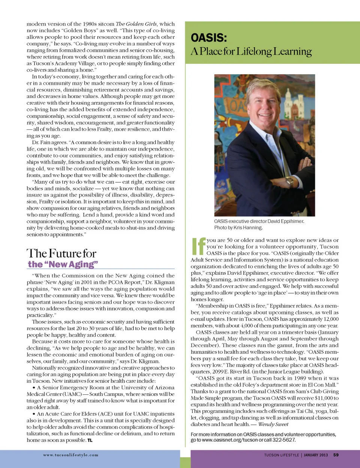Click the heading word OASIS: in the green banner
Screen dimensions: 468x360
209,38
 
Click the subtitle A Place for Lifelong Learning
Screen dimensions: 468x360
251,51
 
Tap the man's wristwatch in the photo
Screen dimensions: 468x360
290,182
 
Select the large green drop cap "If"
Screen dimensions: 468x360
198,246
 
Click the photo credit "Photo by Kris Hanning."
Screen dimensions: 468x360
238,227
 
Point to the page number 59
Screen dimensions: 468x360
336,455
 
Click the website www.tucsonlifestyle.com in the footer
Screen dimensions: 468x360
70,455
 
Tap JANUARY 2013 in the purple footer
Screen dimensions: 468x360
316,455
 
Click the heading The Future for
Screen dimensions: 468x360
61,253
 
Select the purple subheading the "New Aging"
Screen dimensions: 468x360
63,264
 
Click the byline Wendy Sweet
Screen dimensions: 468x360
273,424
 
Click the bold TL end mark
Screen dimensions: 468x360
90,440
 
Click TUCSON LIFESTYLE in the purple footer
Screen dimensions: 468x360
281,455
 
